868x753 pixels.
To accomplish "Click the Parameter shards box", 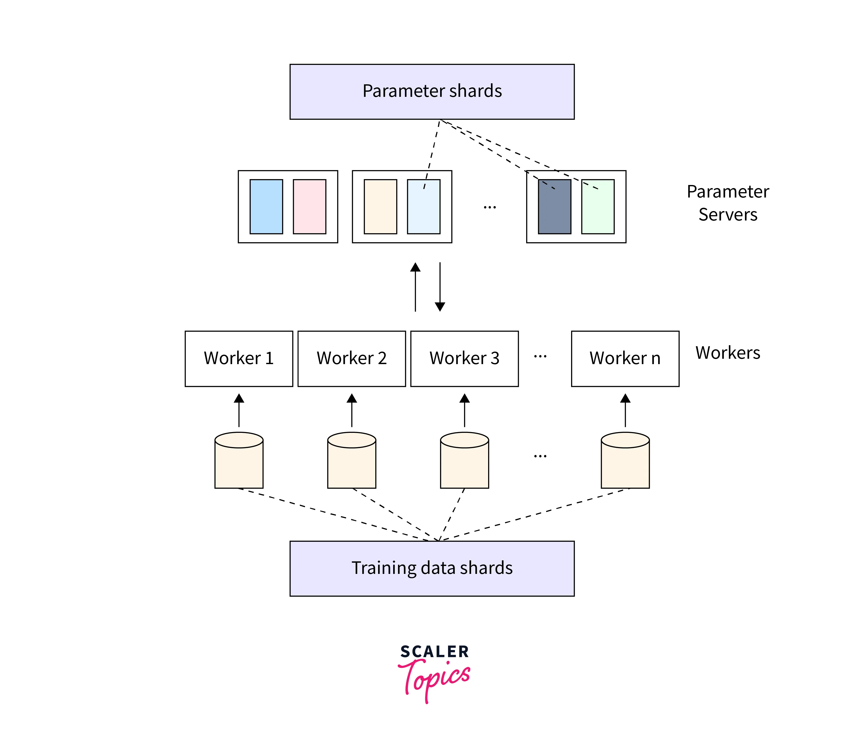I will point(432,92).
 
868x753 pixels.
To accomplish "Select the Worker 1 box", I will point(239,358).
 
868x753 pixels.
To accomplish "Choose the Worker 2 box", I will point(352,358).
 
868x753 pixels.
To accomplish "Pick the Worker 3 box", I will point(464,358).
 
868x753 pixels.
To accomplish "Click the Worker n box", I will point(625,358).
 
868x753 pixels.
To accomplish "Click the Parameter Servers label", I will point(728,203).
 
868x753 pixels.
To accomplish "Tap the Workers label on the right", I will point(728,353).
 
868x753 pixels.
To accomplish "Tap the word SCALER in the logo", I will point(435,652).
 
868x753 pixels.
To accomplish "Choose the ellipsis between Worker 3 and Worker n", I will point(540,357).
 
